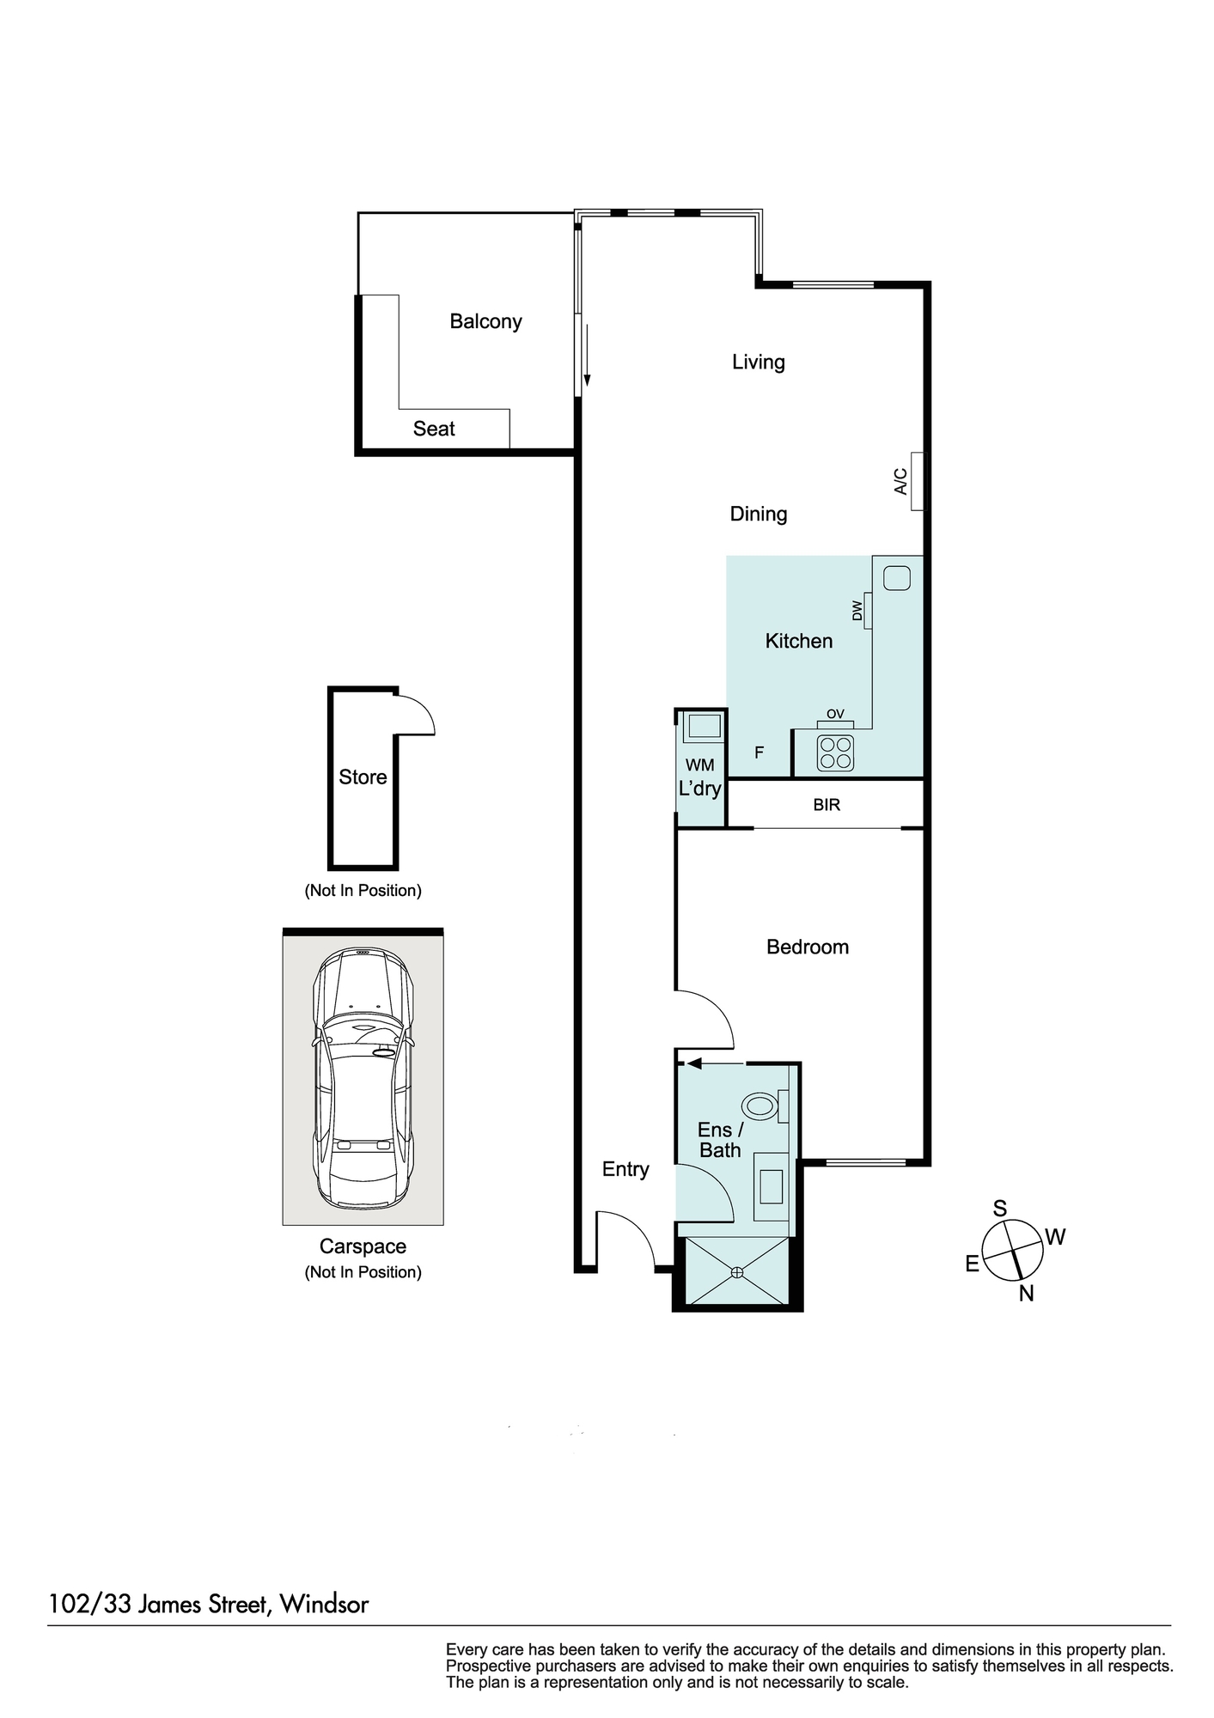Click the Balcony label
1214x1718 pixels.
point(485,321)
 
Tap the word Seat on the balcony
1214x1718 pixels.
point(434,429)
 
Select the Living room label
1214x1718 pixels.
point(759,362)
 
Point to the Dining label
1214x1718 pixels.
point(759,514)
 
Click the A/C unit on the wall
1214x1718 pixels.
point(918,481)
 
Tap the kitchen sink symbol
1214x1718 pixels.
point(897,578)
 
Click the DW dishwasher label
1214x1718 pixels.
point(857,611)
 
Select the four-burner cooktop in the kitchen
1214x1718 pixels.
point(835,753)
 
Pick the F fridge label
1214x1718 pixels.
point(760,752)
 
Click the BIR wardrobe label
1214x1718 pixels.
point(827,805)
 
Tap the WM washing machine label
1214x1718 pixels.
point(700,765)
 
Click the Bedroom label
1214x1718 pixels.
point(808,947)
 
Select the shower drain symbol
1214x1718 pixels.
point(736,1272)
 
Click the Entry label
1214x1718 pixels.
point(625,1169)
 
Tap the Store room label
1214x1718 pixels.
point(363,777)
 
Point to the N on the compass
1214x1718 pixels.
point(1026,1294)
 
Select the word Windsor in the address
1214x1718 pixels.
point(324,1605)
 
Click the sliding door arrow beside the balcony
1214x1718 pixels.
point(587,355)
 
